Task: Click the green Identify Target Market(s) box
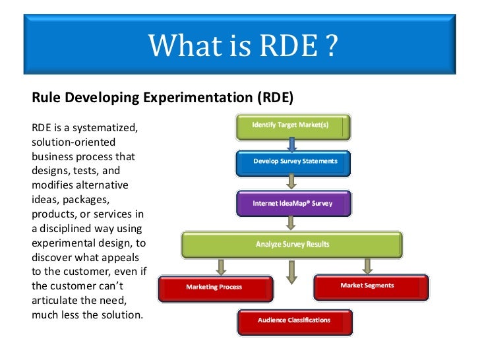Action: (x=293, y=127)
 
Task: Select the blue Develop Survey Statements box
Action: (x=293, y=162)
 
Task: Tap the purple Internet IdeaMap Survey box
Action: (x=293, y=204)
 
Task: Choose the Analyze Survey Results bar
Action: (x=292, y=245)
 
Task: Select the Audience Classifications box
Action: (x=295, y=321)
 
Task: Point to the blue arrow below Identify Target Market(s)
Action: (x=292, y=144)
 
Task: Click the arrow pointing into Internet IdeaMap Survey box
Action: (x=291, y=181)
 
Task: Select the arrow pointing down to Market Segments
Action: (x=368, y=265)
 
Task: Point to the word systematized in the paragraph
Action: (x=106, y=127)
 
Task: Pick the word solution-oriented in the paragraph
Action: (x=73, y=142)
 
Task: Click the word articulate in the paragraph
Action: (x=56, y=300)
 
